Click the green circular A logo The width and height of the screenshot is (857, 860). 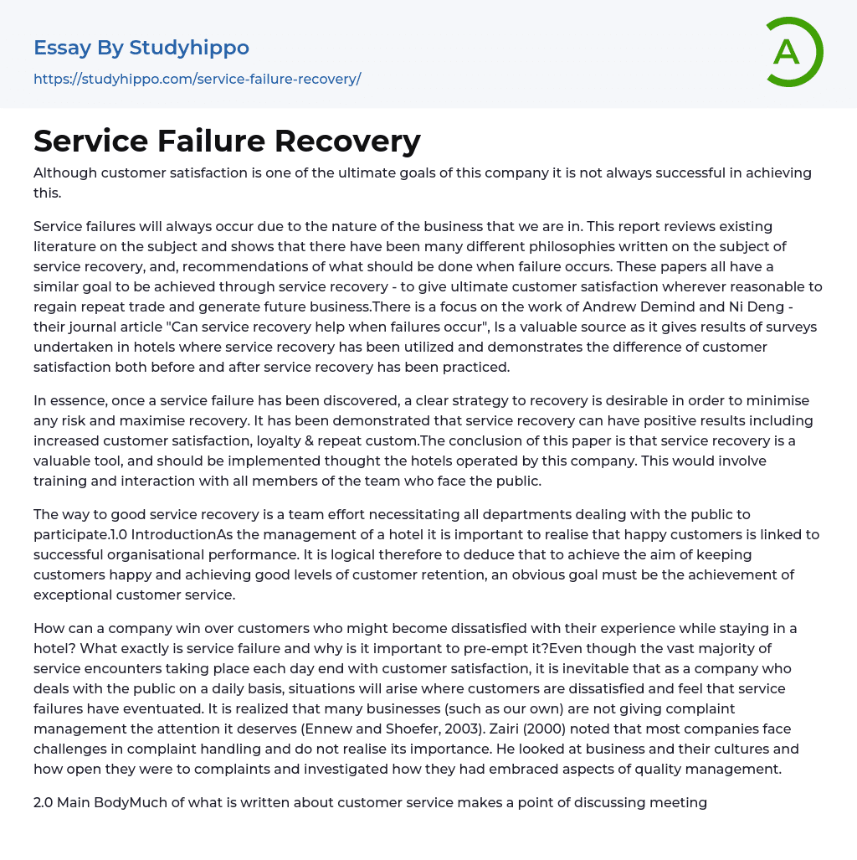tap(793, 52)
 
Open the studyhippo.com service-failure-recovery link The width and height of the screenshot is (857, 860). tap(197, 80)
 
